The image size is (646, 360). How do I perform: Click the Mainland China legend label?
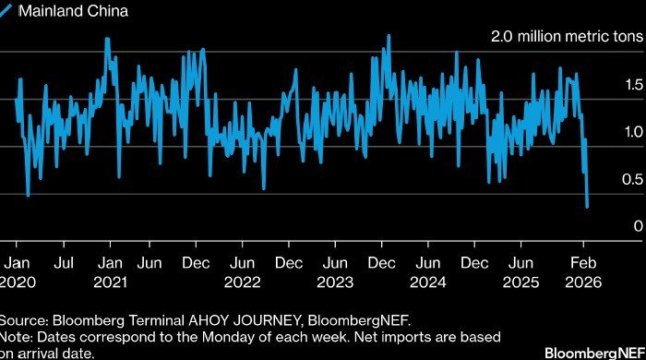[73, 11]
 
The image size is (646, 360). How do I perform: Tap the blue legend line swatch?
[6, 10]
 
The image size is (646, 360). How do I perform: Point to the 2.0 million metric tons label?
[567, 37]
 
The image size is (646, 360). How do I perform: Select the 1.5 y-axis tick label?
[634, 85]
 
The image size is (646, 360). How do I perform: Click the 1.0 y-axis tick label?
[634, 132]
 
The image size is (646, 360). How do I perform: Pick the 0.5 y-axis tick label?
[633, 180]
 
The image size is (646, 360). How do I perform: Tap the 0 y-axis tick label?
[639, 226]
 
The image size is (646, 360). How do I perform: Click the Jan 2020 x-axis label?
[17, 272]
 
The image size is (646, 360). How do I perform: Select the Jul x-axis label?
[64, 263]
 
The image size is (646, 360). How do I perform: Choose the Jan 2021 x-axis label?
[111, 272]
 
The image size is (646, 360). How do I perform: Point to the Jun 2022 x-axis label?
[242, 272]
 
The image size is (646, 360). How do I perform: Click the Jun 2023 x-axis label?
[335, 272]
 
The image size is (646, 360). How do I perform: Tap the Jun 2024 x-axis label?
[428, 272]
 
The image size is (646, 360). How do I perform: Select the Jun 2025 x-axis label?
[521, 272]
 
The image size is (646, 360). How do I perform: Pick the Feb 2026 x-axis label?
[583, 272]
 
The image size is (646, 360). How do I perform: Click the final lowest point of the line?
[587, 207]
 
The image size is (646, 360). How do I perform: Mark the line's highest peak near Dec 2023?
[389, 36]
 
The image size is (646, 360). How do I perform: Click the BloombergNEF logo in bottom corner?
[595, 353]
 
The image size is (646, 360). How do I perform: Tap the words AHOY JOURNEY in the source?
[245, 320]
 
